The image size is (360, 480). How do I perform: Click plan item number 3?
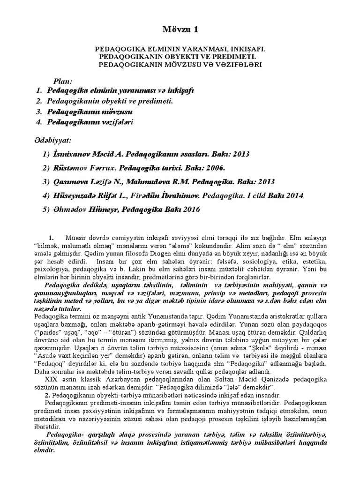coord(38,112)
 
